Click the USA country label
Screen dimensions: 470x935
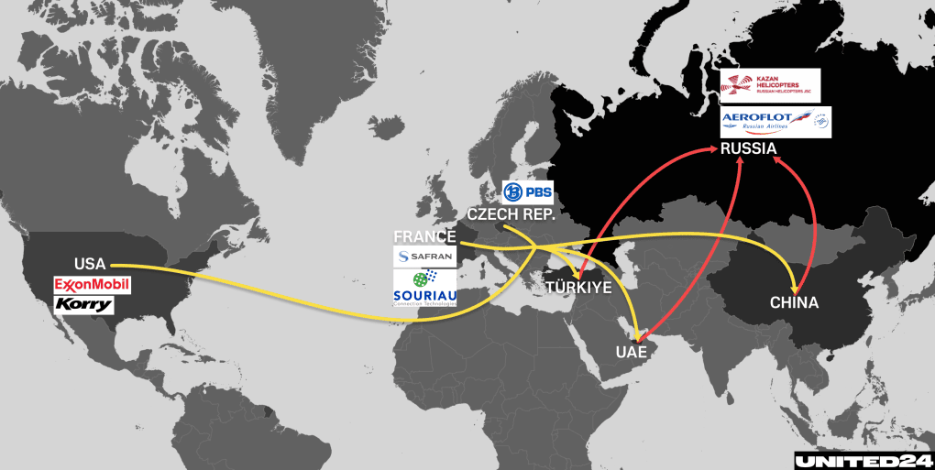[x=90, y=264]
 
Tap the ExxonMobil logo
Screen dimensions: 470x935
[x=92, y=285]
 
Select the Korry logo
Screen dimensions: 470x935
[x=83, y=304]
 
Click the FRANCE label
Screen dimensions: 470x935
[x=424, y=236]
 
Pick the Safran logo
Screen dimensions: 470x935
[x=424, y=257]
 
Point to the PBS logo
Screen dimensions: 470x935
[x=527, y=193]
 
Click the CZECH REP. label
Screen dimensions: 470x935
[x=510, y=214]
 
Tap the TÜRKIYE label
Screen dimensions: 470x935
[x=578, y=288]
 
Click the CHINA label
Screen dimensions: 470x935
[x=794, y=302]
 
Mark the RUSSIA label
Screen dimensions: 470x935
[x=748, y=149]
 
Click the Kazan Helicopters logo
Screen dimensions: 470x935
[x=770, y=85]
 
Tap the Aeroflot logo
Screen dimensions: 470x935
[x=775, y=123]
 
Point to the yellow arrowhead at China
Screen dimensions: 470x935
[x=793, y=283]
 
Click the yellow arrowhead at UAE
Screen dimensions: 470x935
[x=631, y=333]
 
